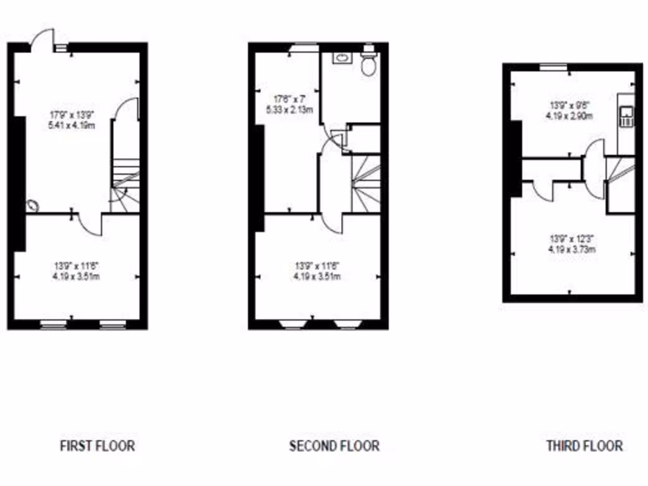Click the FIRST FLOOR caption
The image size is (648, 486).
97,445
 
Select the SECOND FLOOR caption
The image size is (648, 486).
334,445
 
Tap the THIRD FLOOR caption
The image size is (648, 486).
584,445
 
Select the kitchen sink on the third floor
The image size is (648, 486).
627,116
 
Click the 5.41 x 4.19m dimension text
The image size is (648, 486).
72,125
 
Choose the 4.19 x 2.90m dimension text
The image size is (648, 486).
570,116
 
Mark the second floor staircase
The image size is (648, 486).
366,184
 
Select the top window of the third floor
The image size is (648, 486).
553,66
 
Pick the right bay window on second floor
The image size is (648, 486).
347,325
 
